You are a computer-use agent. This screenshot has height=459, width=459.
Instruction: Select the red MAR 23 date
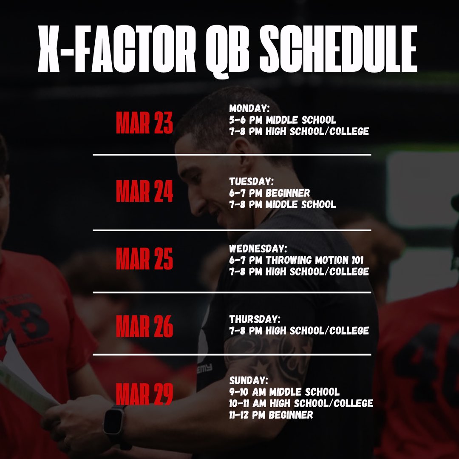pos(144,123)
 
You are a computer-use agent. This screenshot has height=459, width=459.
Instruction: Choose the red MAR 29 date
pos(144,394)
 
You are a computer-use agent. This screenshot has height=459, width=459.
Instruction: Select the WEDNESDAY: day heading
pos(258,248)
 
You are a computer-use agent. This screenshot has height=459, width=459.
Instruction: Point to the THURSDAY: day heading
pos(254,319)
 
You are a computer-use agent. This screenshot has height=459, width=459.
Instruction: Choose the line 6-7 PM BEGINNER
pos(269,193)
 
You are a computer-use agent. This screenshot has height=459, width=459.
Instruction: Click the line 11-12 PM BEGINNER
pos(271,414)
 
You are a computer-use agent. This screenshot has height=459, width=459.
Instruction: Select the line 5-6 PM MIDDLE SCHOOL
pos(282,120)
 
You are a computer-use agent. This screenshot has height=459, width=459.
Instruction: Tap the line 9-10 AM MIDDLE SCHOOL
pos(284,391)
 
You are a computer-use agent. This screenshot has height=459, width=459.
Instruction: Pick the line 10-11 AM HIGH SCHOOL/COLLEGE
pos(301,403)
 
